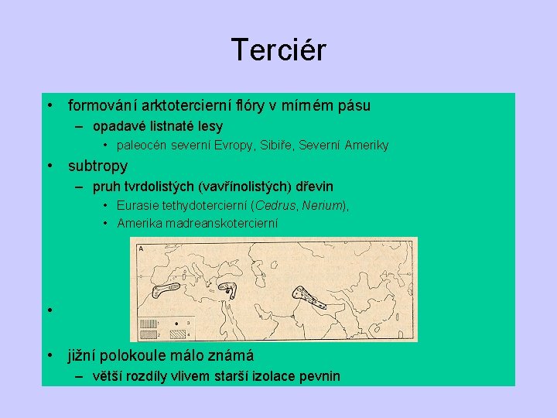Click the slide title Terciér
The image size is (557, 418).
click(x=278, y=50)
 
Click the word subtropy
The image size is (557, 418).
click(x=97, y=166)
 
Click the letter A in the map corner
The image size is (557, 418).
click(x=140, y=248)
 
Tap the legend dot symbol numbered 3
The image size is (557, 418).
click(x=177, y=323)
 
